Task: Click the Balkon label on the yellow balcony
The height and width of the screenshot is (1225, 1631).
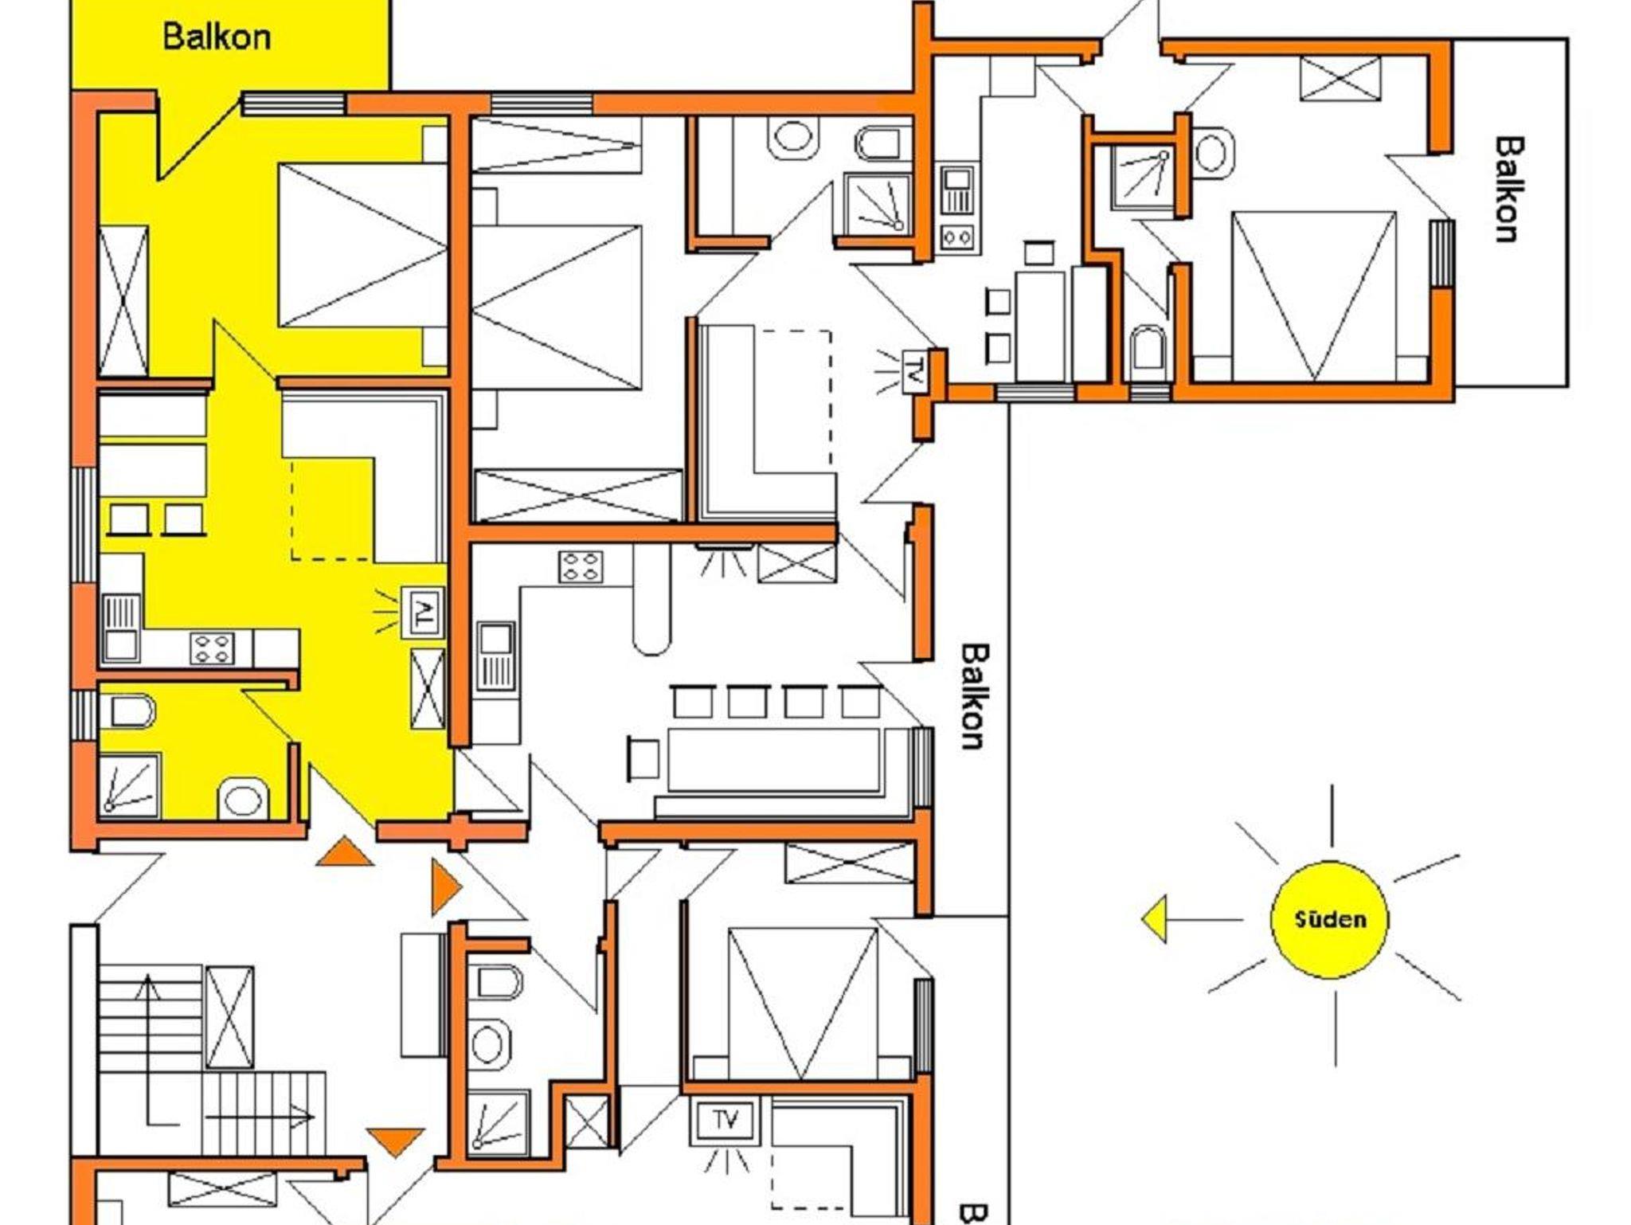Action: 217,37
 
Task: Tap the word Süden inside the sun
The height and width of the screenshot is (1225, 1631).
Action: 1330,920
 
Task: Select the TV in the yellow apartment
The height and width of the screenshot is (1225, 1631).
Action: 422,612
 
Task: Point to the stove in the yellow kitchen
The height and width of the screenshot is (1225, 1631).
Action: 213,647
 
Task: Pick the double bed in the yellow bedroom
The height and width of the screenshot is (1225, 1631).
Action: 363,245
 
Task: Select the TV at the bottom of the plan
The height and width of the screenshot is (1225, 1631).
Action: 726,1121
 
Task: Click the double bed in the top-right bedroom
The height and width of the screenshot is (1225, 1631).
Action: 1313,295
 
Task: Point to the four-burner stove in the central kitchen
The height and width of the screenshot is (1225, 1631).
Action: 581,567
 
